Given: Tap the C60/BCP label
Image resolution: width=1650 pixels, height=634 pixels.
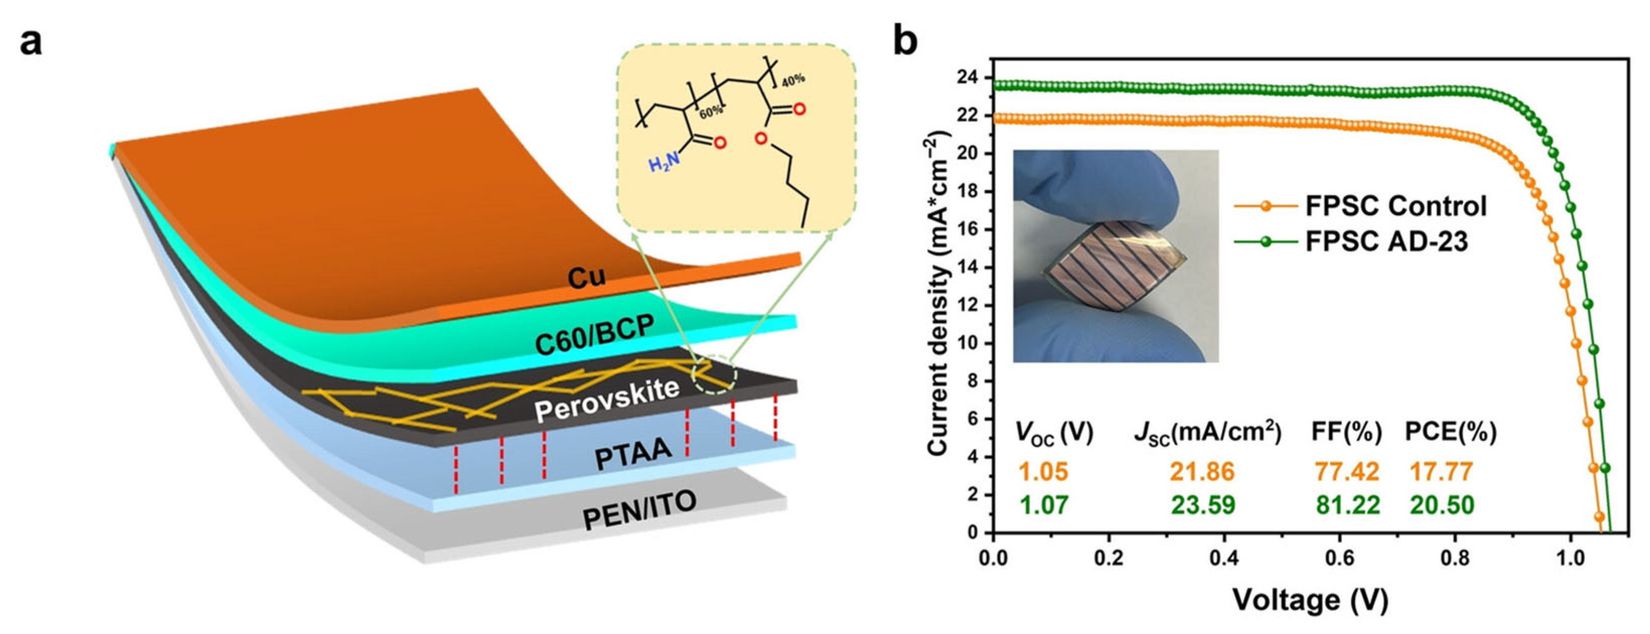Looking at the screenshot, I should (595, 335).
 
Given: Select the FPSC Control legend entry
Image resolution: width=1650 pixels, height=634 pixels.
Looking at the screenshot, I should (1396, 206).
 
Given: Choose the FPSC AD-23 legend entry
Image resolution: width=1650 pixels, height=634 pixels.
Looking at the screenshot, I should (1387, 242).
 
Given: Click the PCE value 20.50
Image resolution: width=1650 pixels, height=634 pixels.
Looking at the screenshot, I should (1442, 505).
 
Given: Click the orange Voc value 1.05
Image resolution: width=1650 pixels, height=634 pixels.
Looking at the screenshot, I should (1044, 472).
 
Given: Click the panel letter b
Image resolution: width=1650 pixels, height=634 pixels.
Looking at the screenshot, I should (905, 42).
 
